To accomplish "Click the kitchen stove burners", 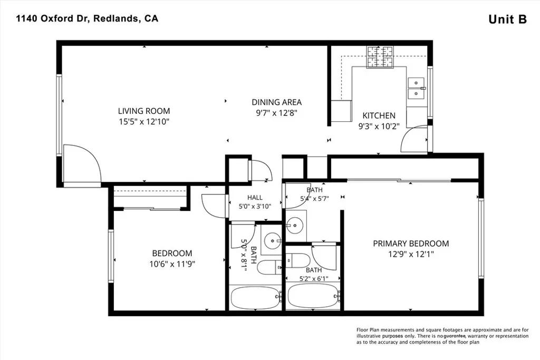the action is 380,57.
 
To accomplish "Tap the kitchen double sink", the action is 417,88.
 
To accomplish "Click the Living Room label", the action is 144,111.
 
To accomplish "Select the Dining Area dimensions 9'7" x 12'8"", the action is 276,113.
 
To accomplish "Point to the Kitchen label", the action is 379,115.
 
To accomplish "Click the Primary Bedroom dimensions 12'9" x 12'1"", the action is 411,255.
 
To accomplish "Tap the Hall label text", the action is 255,198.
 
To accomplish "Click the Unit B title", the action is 508,20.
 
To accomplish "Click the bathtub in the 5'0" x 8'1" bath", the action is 256,297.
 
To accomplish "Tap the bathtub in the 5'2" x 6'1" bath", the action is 313,296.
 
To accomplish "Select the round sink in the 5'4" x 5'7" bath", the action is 294,226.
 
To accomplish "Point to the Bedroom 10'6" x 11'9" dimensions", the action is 172,264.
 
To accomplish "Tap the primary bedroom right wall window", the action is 481,238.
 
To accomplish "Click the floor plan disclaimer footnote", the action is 442,336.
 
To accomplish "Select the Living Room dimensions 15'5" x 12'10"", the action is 144,121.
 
